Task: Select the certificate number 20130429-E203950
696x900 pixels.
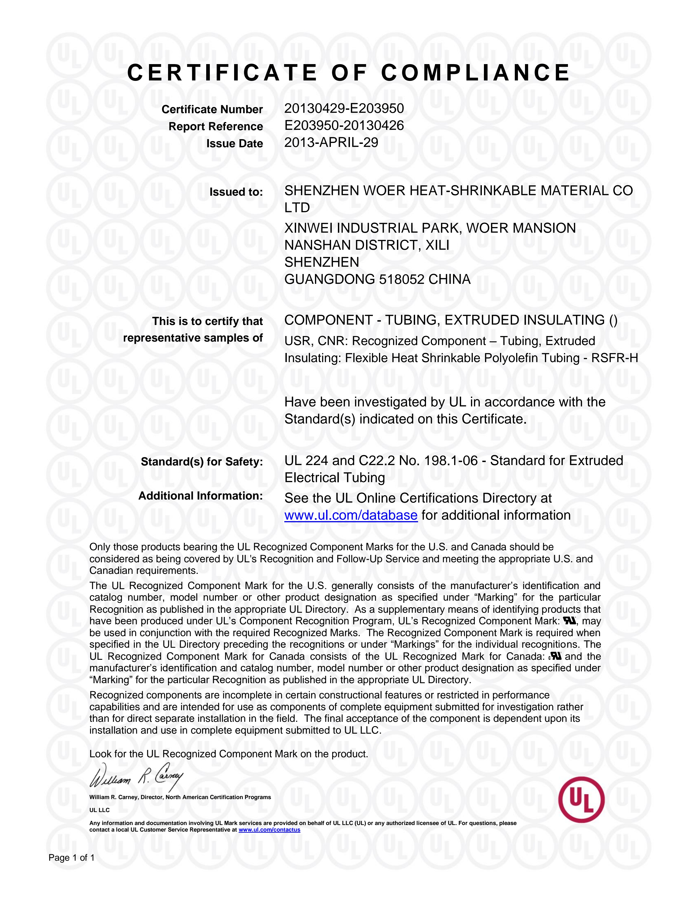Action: click(344, 108)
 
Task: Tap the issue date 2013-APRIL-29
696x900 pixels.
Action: click(331, 142)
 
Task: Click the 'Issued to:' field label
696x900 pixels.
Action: click(236, 192)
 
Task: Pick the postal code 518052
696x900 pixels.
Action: click(401, 279)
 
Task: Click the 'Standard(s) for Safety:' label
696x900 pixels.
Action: click(202, 462)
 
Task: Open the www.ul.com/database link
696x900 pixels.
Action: click(351, 515)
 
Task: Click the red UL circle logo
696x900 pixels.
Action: click(581, 800)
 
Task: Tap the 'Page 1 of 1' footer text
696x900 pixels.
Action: click(72, 858)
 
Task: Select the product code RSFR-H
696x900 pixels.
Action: click(614, 358)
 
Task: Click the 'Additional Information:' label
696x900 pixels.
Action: click(201, 496)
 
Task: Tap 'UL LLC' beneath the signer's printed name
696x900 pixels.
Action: click(100, 810)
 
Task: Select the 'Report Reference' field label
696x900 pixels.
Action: click(216, 127)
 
